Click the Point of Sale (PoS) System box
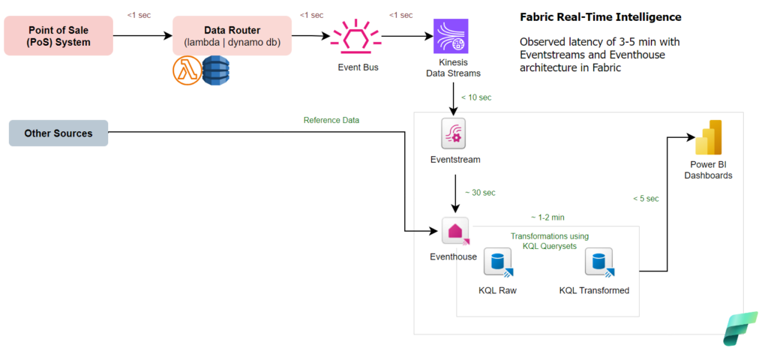point(58,35)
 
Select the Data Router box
point(232,35)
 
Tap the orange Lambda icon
point(185,71)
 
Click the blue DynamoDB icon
point(215,71)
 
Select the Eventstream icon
point(454,133)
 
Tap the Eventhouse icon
point(454,232)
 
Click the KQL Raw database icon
point(497,262)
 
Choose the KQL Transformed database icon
point(598,262)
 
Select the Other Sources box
point(58,133)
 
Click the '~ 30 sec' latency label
point(480,193)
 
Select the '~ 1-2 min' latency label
point(547,217)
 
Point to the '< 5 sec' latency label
point(646,199)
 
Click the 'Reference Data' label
point(331,120)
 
